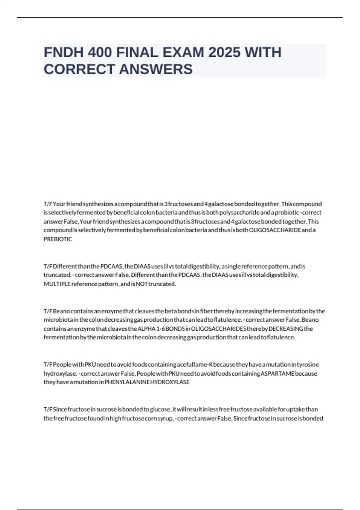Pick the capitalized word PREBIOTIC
point(58,239)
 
